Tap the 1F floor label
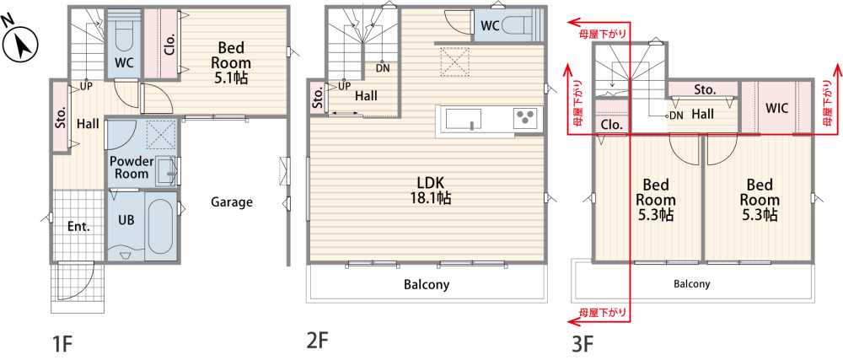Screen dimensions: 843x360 click(x=62, y=343)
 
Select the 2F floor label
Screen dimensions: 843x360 click(x=317, y=341)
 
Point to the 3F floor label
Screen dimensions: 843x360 click(x=583, y=343)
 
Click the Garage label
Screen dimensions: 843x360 click(x=231, y=202)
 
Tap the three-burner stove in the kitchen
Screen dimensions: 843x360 click(x=525, y=118)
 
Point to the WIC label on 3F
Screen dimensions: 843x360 click(x=777, y=109)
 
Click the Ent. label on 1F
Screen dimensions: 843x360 click(x=78, y=227)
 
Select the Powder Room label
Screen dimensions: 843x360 click(x=129, y=167)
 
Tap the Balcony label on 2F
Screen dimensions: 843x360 click(x=427, y=284)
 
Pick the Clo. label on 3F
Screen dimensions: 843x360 click(x=612, y=125)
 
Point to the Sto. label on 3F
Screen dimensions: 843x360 click(x=705, y=89)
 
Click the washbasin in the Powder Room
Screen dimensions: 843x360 click(x=167, y=171)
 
